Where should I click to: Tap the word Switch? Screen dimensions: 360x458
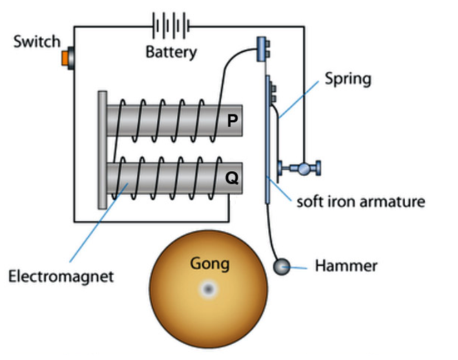point(37,42)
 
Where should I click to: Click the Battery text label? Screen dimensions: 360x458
point(171,52)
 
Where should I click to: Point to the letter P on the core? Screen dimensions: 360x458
point(231,120)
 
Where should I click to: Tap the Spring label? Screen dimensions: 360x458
point(348,79)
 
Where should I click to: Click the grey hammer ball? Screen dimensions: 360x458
point(282,266)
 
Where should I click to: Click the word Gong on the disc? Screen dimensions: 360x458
point(209,263)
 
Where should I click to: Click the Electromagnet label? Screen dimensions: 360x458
point(61,277)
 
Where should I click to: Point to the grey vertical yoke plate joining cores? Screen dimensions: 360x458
point(102,149)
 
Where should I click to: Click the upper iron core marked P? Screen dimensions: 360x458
point(174,120)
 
